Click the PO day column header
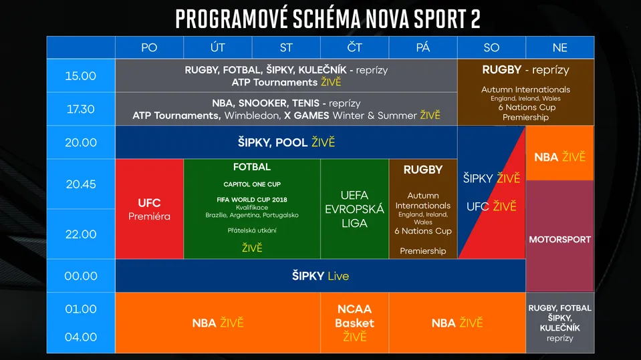149,47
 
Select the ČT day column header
354,47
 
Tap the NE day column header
559,47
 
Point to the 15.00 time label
80,76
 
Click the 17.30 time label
80,109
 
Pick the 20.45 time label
81,184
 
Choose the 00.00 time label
81,276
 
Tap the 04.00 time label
81,337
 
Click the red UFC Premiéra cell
149,209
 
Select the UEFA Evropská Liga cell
354,209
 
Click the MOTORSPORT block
559,236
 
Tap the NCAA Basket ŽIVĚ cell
354,323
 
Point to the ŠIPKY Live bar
321,276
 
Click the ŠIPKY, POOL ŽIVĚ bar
286,142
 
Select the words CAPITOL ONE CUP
252,184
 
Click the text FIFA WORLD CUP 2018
252,200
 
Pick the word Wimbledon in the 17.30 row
252,116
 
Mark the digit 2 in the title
475,19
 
